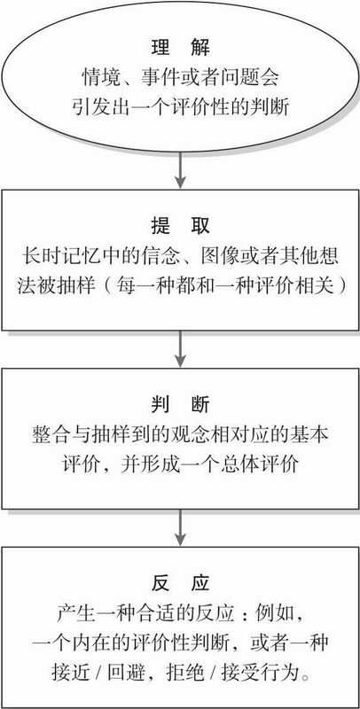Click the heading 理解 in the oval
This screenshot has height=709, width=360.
[x=181, y=48]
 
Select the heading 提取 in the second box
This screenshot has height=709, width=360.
[x=181, y=226]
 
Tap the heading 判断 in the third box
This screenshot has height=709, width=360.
[x=181, y=405]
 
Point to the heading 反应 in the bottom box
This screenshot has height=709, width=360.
[x=181, y=583]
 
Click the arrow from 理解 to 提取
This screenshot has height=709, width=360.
[x=181, y=170]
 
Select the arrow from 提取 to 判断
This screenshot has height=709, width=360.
[x=181, y=349]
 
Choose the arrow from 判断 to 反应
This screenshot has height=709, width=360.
[x=181, y=527]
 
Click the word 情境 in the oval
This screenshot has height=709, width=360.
[x=99, y=78]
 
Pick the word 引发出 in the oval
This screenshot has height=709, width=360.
[x=97, y=108]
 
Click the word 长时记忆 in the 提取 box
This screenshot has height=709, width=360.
[x=56, y=257]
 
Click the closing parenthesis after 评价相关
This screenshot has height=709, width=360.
[x=335, y=286]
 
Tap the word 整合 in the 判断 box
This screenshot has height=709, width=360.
[x=49, y=434]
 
